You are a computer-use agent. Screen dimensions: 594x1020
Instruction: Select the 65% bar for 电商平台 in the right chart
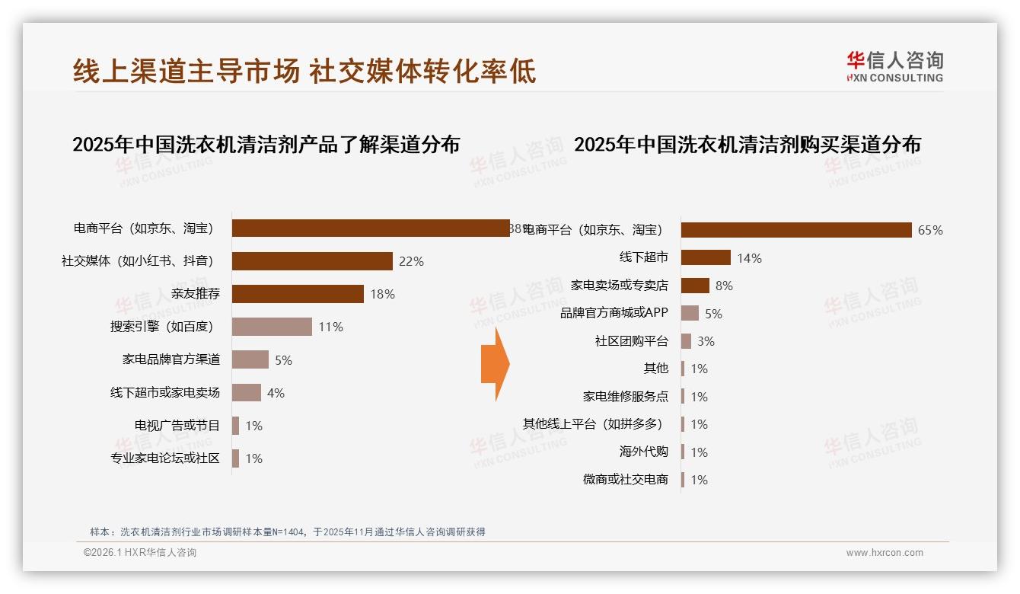pyautogui.click(x=795, y=230)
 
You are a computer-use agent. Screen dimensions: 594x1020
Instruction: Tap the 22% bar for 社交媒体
pyautogui.click(x=312, y=261)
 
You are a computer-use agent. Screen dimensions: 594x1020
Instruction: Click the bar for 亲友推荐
pyautogui.click(x=298, y=294)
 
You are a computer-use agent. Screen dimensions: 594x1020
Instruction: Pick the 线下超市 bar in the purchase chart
pyautogui.click(x=706, y=257)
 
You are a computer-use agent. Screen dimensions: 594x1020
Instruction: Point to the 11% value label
pyautogui.click(x=331, y=327)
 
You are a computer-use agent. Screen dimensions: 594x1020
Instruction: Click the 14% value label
pyautogui.click(x=749, y=258)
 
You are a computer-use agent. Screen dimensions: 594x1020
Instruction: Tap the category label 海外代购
pyautogui.click(x=643, y=452)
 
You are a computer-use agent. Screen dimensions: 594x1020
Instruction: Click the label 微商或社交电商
pyautogui.click(x=625, y=479)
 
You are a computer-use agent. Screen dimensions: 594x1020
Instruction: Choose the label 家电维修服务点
pyautogui.click(x=625, y=396)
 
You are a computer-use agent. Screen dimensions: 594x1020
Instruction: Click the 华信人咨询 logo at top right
pyautogui.click(x=894, y=66)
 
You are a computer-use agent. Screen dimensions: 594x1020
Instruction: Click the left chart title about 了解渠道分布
pyautogui.click(x=266, y=145)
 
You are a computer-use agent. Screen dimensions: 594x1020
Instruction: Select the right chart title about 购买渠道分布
pyautogui.click(x=747, y=145)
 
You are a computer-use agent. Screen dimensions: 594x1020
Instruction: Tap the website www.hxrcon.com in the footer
pyautogui.click(x=885, y=553)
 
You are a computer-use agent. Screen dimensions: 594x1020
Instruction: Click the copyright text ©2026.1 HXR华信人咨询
pyautogui.click(x=140, y=553)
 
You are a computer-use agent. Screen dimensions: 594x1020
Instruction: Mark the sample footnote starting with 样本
pyautogui.click(x=287, y=532)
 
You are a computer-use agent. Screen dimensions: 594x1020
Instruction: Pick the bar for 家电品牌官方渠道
pyautogui.click(x=250, y=359)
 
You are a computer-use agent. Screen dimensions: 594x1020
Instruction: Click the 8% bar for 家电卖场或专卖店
pyautogui.click(x=695, y=286)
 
